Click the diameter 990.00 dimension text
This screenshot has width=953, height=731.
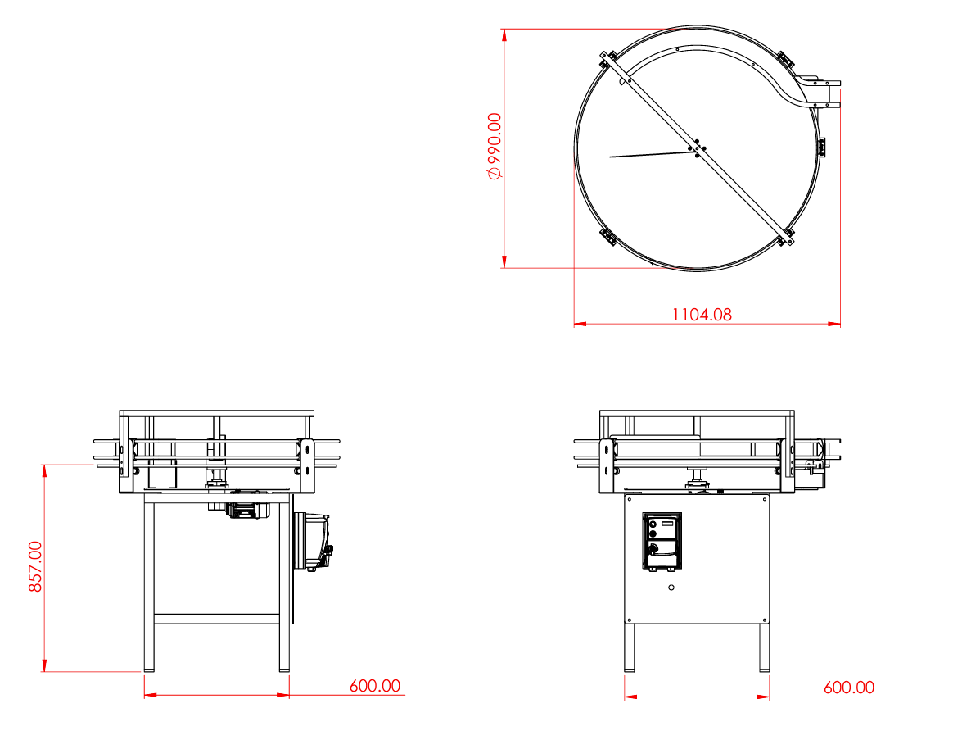(495, 146)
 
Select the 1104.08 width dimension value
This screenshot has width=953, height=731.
(702, 315)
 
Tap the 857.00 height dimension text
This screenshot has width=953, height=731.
(35, 567)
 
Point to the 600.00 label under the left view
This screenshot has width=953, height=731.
(374, 686)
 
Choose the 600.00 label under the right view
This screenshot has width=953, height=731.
(848, 688)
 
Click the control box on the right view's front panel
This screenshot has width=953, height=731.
(662, 541)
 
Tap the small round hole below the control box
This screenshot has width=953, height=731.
(671, 588)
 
